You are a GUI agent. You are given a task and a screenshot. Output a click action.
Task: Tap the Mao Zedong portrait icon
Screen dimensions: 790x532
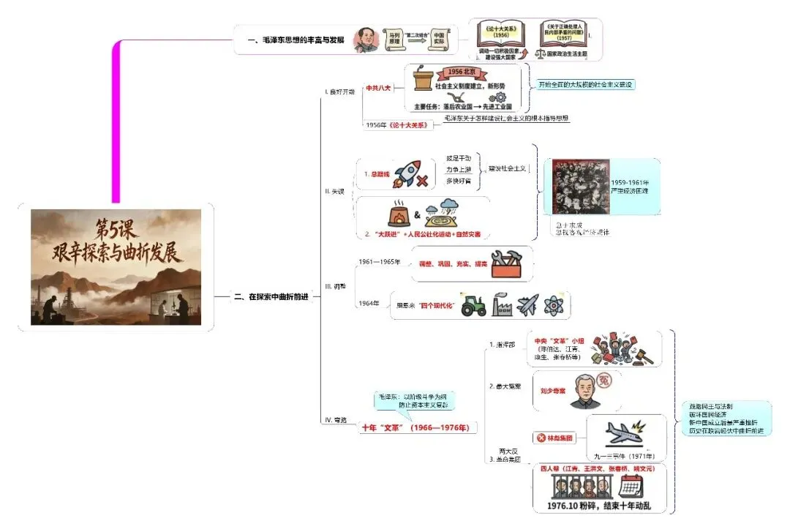tap(364, 40)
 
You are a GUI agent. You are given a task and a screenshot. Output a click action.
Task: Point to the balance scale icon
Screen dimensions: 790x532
tap(542, 53)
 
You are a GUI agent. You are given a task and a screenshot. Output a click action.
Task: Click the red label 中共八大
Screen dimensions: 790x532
tap(379, 87)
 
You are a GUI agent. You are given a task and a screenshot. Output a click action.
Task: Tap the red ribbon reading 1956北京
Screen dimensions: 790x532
tap(462, 72)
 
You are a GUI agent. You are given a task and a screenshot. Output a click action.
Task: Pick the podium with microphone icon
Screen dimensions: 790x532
tap(422, 79)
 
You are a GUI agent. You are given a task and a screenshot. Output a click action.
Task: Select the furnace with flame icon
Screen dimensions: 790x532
tap(399, 214)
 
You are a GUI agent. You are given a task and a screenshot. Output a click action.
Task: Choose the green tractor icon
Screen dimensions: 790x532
tap(473, 305)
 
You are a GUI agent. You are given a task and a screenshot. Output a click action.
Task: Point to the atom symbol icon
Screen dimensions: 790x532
tap(554, 305)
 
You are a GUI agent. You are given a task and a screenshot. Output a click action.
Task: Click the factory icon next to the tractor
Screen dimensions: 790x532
tap(501, 305)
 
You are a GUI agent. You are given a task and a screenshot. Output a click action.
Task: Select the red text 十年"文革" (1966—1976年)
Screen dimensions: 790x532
tap(415, 428)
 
